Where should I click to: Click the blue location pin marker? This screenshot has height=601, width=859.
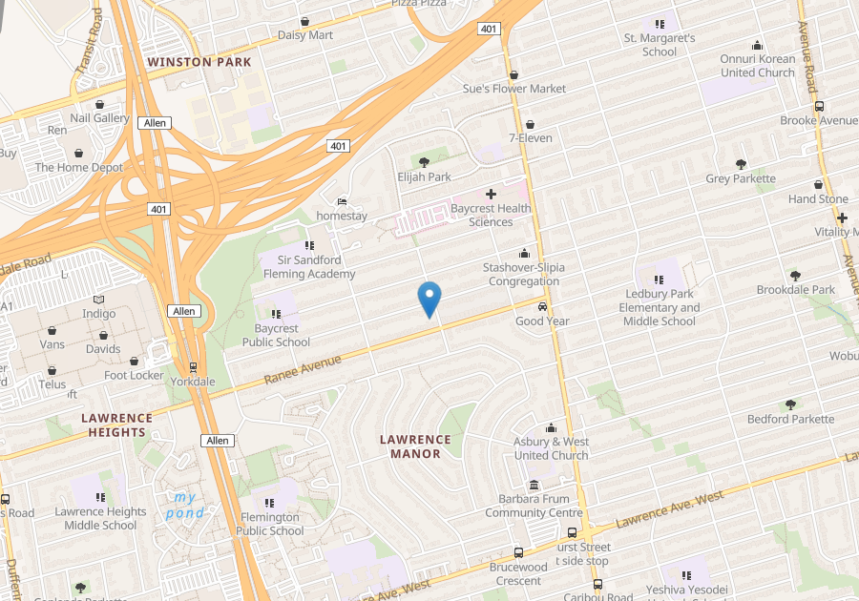[x=429, y=300]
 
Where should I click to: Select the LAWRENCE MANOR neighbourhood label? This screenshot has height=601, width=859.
[x=415, y=446]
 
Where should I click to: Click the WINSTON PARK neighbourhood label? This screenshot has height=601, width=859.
[x=199, y=62]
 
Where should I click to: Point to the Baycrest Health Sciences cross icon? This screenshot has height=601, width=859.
[x=491, y=194]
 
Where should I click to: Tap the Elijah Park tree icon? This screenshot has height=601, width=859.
[x=424, y=162]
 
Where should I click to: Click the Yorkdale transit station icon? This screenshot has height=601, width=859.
[x=193, y=366]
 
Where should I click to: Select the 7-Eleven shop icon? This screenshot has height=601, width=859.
[x=530, y=124]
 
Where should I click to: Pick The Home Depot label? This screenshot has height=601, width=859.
[x=79, y=167]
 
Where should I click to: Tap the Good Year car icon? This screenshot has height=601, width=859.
[x=542, y=307]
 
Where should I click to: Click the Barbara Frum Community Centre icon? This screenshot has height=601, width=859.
[x=533, y=485]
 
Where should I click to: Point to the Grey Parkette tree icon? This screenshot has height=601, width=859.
[x=741, y=164]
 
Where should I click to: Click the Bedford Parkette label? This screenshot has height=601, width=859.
[x=790, y=419]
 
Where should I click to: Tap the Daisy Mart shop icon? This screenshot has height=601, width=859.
[x=304, y=21]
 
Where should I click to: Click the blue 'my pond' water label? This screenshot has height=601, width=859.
[x=185, y=505]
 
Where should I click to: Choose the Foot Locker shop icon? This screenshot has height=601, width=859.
[x=134, y=361]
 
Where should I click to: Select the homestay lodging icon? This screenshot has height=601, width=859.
[x=342, y=202]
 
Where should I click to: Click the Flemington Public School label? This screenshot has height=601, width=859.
[x=269, y=524]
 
